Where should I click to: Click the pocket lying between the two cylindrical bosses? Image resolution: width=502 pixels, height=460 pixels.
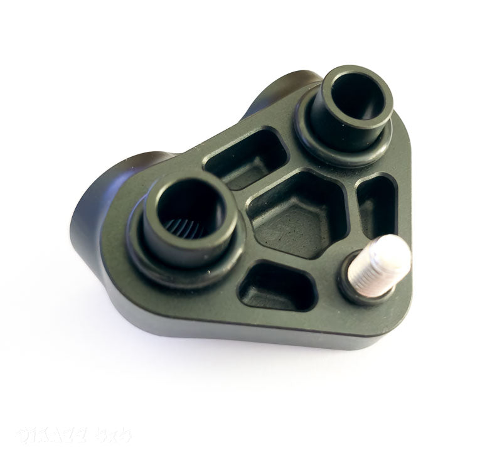coord(246,157)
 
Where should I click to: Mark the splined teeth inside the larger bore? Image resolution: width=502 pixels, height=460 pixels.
coord(187,227)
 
